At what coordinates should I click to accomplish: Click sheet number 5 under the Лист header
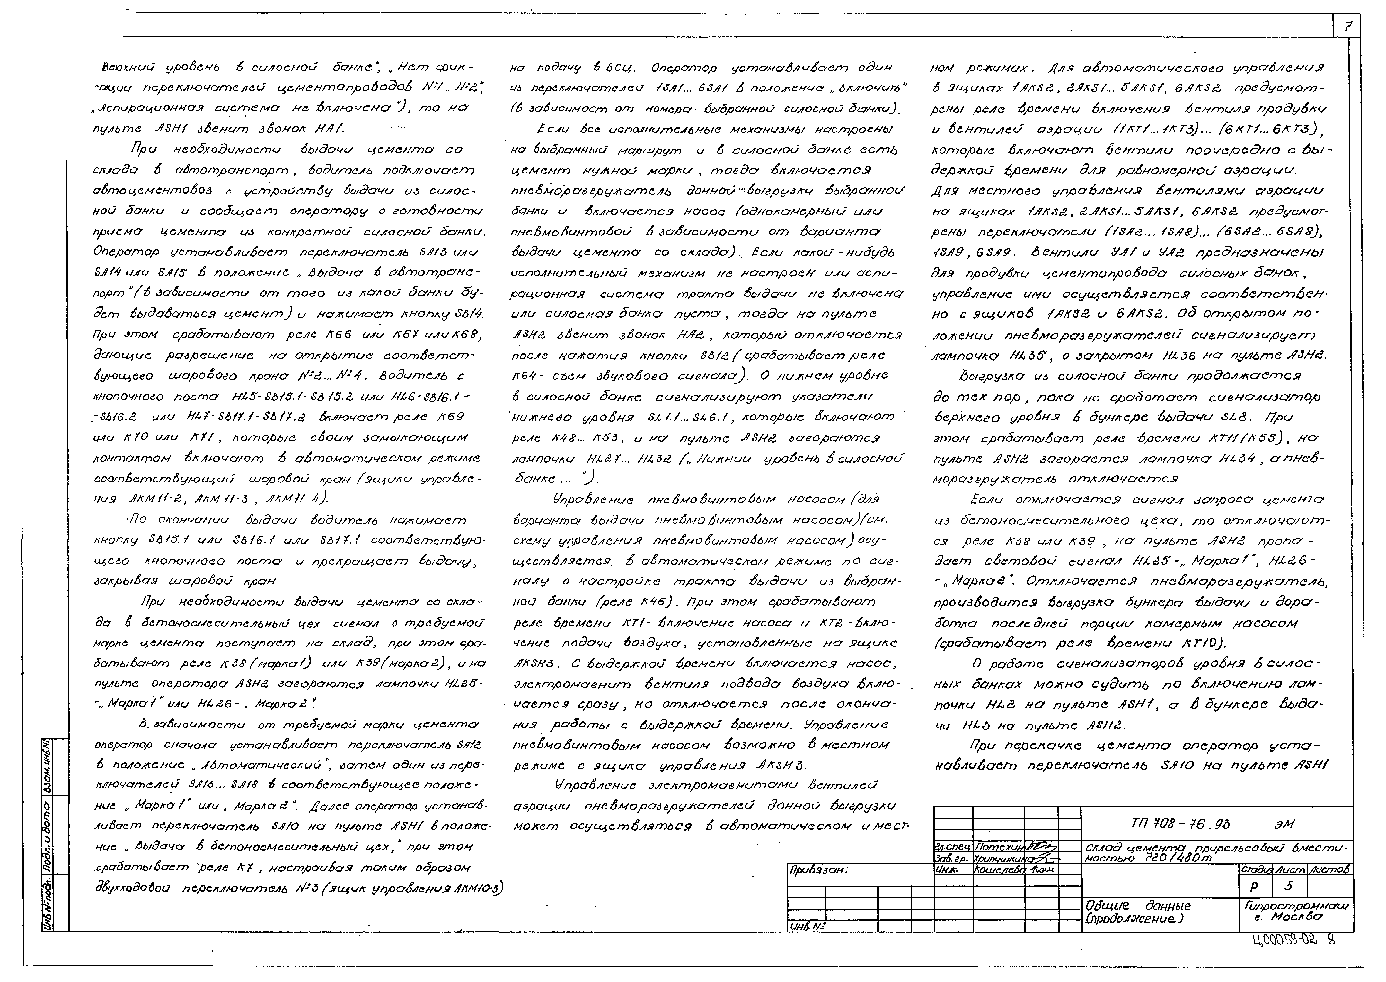1289,887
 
